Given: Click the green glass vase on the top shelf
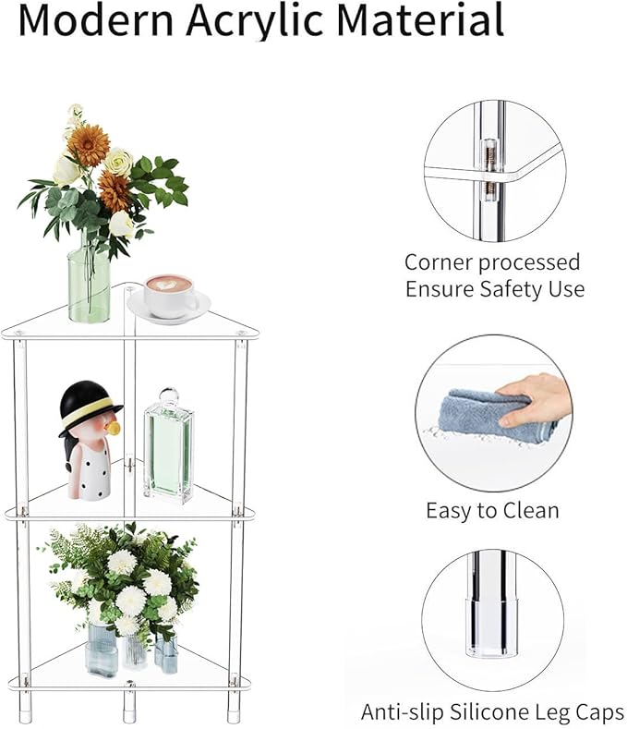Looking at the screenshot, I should [89, 283].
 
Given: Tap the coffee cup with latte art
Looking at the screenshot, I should [168, 294].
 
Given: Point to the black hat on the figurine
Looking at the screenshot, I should [89, 407].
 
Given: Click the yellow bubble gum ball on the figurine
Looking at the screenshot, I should [114, 429].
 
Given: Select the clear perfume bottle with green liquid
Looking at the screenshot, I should [168, 453].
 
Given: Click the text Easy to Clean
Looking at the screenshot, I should [492, 509].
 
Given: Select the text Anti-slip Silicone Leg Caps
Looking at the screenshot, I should [492, 711].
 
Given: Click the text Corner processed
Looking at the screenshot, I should [492, 262].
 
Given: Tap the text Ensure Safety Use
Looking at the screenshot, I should [495, 288].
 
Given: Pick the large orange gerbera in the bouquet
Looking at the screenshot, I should [89, 145].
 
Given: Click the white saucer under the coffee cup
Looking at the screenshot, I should [169, 309].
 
